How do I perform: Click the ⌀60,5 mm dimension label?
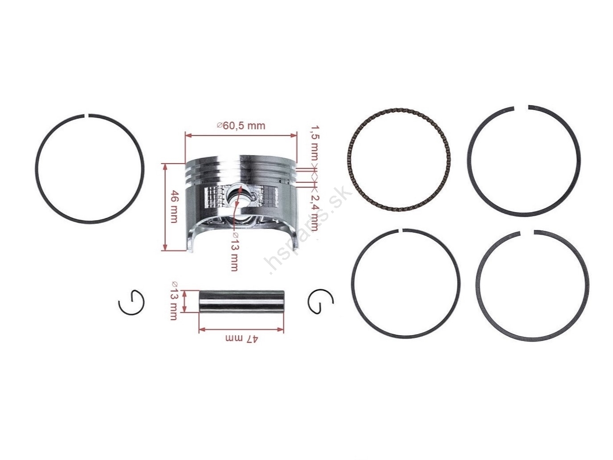241,126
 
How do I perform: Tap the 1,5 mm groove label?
315,143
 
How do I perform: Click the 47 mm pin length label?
242,338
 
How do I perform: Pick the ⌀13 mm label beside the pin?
173,301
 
